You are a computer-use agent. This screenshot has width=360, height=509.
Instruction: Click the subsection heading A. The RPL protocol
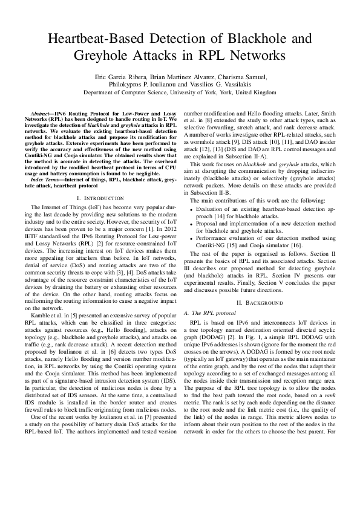[206, 312]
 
